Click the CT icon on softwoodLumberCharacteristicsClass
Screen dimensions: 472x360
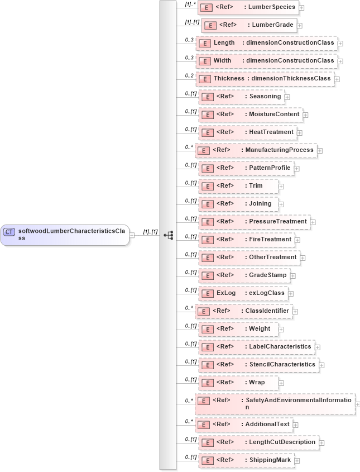pos(9,232)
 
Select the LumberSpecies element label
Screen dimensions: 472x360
pos(272,7)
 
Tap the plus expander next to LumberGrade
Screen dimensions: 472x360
pos(300,25)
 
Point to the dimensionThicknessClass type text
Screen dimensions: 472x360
pos(291,79)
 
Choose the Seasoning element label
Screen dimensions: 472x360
pos(265,97)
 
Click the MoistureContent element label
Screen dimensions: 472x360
pos(274,115)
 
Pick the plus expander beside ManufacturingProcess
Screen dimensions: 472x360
pos(319,150)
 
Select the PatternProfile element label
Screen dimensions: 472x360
pos(270,168)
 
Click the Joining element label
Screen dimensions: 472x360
pos(260,204)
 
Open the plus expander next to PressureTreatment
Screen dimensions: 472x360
pos(313,222)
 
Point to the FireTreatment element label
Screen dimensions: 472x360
pos(270,240)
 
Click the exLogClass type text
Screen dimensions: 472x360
pos(266,293)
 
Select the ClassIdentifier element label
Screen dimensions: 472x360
pos(267,311)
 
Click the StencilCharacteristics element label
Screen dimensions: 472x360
pos(282,365)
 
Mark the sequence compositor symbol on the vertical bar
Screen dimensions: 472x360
pos(168,235)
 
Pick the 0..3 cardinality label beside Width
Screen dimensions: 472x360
pos(189,58)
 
